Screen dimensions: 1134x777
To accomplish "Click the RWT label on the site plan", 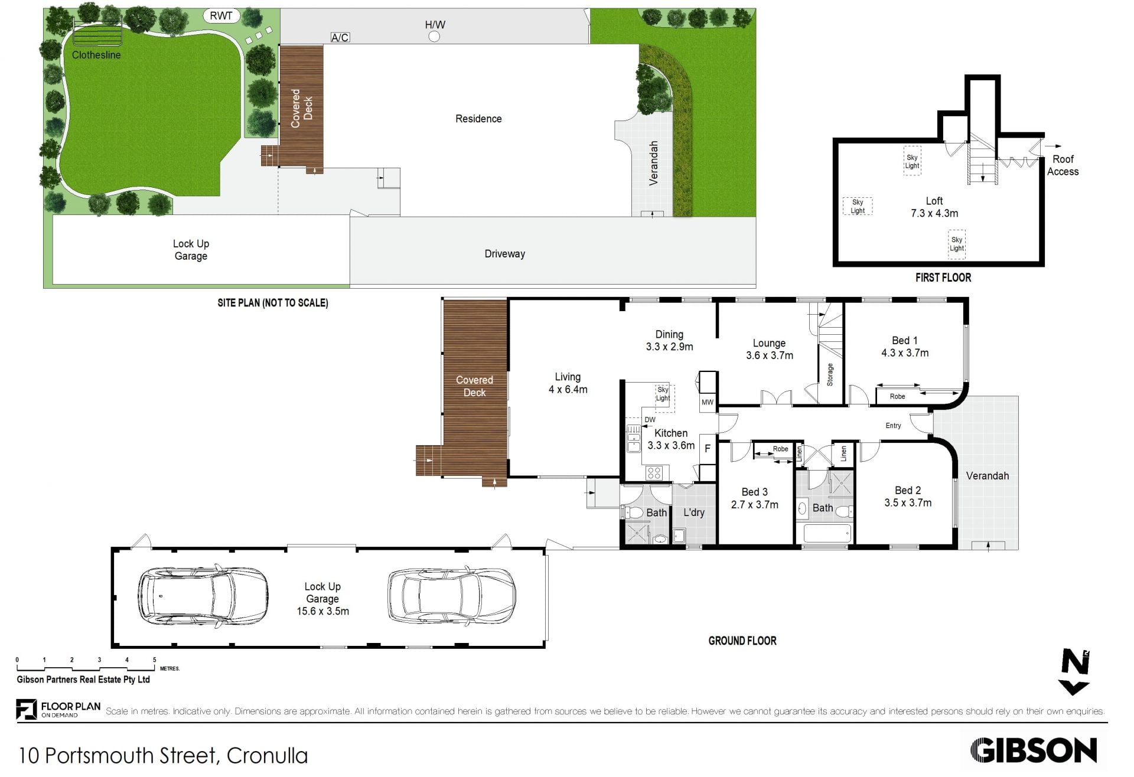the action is [x=221, y=16].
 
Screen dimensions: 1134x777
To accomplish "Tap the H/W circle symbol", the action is [x=434, y=37].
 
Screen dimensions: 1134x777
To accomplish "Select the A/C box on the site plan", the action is [x=340, y=38].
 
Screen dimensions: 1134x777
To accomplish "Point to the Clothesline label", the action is [x=96, y=55].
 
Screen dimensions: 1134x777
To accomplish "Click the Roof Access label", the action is [x=1063, y=165].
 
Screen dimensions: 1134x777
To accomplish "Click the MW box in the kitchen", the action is [x=708, y=402].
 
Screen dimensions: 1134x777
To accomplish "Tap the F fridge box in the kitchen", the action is [x=708, y=449].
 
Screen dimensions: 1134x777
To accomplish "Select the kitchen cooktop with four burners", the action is [x=653, y=472].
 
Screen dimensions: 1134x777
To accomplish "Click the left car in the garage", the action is [x=203, y=597].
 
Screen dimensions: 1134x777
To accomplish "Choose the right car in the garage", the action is [x=451, y=596].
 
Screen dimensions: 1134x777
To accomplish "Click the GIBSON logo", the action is [x=1034, y=751].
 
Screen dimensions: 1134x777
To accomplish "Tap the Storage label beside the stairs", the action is [x=830, y=374].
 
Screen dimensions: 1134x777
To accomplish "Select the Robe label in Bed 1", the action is [x=897, y=396].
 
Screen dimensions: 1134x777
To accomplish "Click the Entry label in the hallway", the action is [x=893, y=425].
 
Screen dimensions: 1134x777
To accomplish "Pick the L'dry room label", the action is [x=694, y=512].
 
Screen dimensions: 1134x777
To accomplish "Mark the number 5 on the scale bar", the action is [x=155, y=660].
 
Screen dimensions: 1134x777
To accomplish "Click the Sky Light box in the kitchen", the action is [x=663, y=394].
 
